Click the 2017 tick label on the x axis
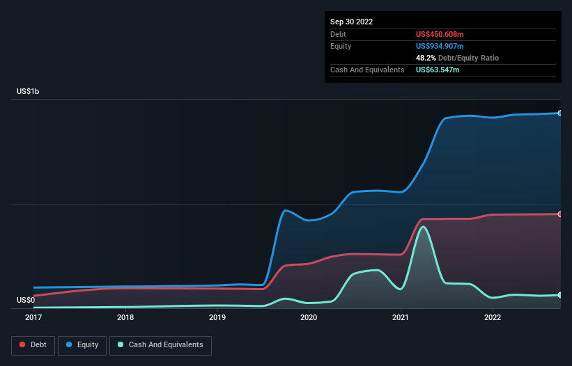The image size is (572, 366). [33, 318]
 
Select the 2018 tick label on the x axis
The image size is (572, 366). [125, 318]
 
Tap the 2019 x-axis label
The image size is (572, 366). [217, 318]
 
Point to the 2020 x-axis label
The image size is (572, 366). [309, 318]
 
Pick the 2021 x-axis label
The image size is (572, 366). [401, 318]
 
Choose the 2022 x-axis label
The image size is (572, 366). [493, 318]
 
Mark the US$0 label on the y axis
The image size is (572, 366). [26, 300]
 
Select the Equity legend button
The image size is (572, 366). [82, 344]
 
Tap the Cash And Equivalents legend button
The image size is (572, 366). [160, 344]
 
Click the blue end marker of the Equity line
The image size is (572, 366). [559, 113]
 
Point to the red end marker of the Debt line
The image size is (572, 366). [559, 214]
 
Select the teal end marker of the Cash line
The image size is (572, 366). [559, 295]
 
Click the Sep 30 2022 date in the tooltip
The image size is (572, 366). [351, 22]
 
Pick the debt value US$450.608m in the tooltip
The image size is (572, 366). [440, 34]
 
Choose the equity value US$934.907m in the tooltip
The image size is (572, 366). [440, 46]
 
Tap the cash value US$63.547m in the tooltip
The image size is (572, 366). [438, 70]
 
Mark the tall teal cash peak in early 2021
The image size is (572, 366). [422, 227]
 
